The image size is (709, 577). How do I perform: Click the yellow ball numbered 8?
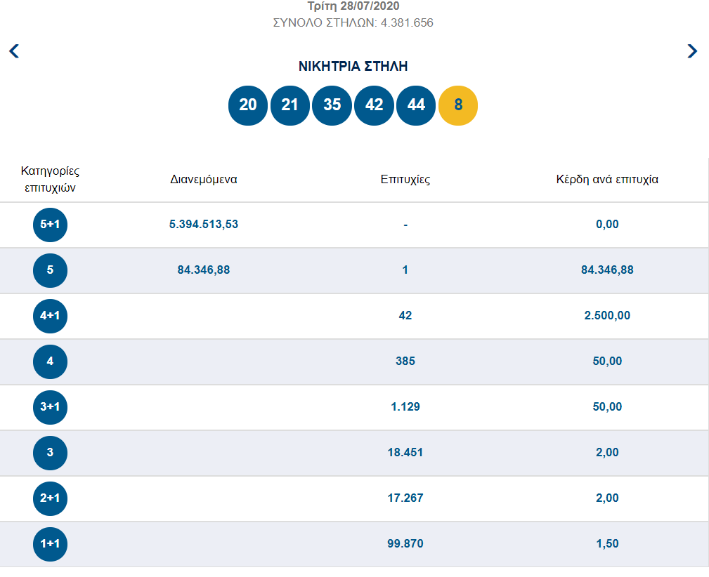pyautogui.click(x=458, y=105)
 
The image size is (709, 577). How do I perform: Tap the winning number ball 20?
pyautogui.click(x=248, y=105)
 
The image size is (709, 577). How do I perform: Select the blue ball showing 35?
pyautogui.click(x=332, y=105)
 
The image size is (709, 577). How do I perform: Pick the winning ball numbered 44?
pyautogui.click(x=416, y=105)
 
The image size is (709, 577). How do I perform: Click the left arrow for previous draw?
pyautogui.click(x=14, y=51)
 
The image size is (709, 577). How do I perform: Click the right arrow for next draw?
pyautogui.click(x=692, y=51)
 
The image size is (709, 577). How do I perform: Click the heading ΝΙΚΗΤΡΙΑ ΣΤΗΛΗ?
pyautogui.click(x=353, y=67)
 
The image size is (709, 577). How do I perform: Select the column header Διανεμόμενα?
pyautogui.click(x=204, y=179)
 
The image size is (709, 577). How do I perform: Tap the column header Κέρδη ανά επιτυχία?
pyautogui.click(x=607, y=179)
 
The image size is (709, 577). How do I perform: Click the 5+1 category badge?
pyautogui.click(x=50, y=225)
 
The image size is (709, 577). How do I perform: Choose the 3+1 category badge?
pyautogui.click(x=50, y=407)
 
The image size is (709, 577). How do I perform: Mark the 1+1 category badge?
pyautogui.click(x=50, y=544)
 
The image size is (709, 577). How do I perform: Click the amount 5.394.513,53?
pyautogui.click(x=204, y=225)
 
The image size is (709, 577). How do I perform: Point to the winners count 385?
pyautogui.click(x=405, y=362)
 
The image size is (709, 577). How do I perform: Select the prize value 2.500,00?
pyautogui.click(x=607, y=316)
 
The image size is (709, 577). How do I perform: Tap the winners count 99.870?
pyautogui.click(x=405, y=544)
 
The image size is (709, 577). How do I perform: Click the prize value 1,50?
pyautogui.click(x=607, y=544)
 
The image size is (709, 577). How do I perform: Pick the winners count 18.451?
pyautogui.click(x=405, y=453)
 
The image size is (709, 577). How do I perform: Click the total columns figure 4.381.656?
pyautogui.click(x=406, y=22)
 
